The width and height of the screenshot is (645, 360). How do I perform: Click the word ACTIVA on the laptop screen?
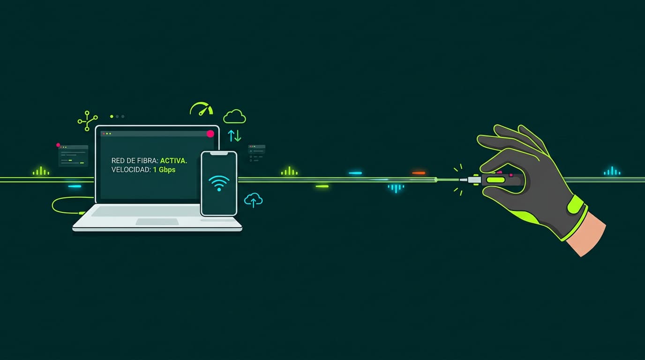(173, 161)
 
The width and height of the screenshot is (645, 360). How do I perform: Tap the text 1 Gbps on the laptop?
(164, 170)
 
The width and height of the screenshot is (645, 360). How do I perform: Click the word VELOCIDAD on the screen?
(130, 170)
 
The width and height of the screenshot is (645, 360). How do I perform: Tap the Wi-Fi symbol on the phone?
(219, 182)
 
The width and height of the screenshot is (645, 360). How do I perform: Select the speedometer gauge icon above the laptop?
(202, 109)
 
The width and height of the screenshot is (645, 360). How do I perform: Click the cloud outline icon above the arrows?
(234, 117)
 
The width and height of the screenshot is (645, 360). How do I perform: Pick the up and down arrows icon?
(234, 136)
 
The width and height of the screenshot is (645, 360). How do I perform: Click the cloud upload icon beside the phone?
(254, 200)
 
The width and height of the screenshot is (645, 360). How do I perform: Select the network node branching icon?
(87, 120)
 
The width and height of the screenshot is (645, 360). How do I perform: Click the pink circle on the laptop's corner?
(210, 134)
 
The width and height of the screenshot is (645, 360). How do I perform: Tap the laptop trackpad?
(157, 221)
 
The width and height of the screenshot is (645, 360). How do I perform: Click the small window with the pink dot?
(73, 156)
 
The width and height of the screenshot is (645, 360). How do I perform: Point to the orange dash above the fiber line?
(419, 173)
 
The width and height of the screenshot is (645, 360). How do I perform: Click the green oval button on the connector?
(495, 180)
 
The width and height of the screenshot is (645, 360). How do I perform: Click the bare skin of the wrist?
(588, 234)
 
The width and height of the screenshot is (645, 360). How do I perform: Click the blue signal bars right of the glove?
(612, 172)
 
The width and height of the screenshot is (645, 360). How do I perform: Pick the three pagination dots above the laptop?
(117, 116)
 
